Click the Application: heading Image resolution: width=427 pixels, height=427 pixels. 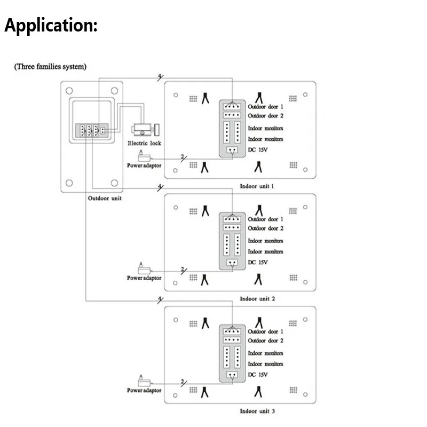coord(51,26)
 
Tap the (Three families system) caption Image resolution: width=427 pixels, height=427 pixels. coord(50,67)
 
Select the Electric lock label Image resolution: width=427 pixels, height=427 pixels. coord(144,143)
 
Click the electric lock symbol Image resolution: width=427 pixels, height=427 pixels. coord(145,130)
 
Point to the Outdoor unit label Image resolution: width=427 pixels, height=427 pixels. coord(105,198)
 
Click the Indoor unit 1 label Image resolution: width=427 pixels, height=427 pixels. coord(257,186)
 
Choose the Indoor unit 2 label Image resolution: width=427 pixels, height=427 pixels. coord(257,299)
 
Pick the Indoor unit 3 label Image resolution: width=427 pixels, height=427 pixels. coord(257,412)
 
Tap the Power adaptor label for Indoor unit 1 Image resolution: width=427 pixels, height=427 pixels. coord(144,165)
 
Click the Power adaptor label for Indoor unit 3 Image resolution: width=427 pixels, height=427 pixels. coord(144,391)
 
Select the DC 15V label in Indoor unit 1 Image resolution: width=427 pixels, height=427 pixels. coord(258,150)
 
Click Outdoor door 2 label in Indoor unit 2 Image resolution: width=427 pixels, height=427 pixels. coord(265,228)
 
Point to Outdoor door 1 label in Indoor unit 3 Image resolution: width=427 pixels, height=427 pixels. coord(265,332)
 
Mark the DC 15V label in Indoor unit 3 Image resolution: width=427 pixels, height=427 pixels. coord(258,375)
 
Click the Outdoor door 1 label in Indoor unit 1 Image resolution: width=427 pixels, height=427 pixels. coord(265,107)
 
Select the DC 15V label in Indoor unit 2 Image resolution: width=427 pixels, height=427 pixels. coord(258,263)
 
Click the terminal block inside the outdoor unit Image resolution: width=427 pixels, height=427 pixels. coord(91,131)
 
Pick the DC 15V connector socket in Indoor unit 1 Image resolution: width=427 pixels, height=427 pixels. coord(231,150)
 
